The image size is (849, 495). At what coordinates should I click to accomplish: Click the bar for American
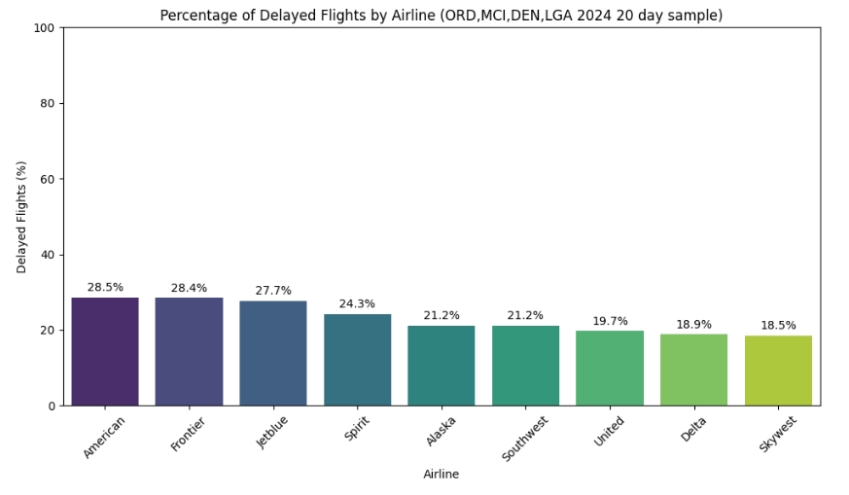click(x=105, y=351)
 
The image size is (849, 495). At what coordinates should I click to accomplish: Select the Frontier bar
click(x=189, y=351)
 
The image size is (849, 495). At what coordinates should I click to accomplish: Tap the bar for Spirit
click(x=357, y=359)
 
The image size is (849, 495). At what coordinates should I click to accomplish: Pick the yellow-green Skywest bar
click(x=778, y=371)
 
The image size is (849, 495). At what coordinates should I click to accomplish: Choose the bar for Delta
click(x=693, y=370)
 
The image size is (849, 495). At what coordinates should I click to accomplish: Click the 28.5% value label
click(x=105, y=288)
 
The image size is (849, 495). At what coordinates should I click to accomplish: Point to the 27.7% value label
click(x=273, y=291)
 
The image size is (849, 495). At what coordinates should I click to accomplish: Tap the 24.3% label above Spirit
click(x=357, y=304)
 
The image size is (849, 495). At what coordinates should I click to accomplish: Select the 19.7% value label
click(x=610, y=322)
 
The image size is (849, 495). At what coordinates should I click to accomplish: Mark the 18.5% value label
click(x=778, y=326)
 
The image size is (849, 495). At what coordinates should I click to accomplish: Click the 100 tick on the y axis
click(x=44, y=28)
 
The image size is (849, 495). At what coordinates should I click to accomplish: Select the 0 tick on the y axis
click(x=52, y=407)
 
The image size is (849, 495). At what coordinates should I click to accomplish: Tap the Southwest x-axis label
click(x=526, y=438)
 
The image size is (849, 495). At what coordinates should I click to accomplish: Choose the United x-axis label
click(x=610, y=432)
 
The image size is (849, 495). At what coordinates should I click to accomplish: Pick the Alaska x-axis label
click(x=442, y=432)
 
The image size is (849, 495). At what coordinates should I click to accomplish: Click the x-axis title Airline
click(x=441, y=475)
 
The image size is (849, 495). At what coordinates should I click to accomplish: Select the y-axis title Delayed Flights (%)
click(x=22, y=217)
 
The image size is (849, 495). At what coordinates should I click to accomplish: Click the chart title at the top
click(x=441, y=16)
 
